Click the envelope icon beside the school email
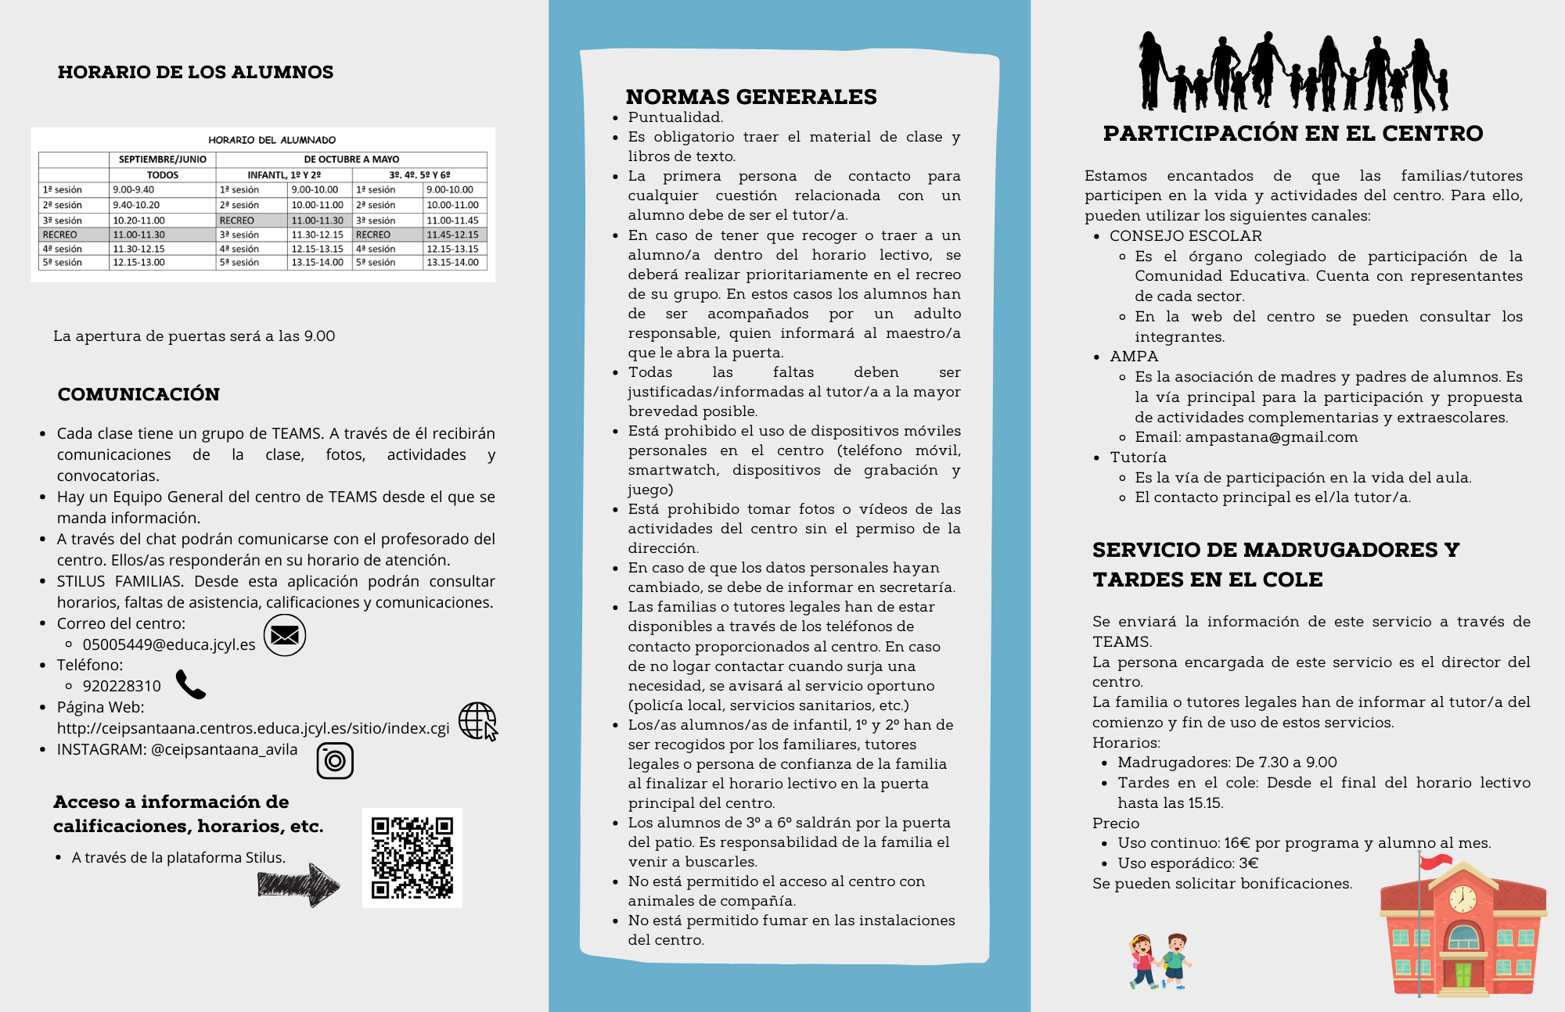(x=284, y=635)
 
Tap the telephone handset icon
(x=190, y=684)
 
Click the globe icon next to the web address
(x=477, y=720)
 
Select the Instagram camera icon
(x=335, y=760)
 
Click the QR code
(x=412, y=858)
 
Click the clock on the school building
(x=1462, y=899)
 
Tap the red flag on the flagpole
(x=1435, y=862)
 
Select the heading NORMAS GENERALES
(x=751, y=97)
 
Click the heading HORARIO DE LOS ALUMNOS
(x=196, y=72)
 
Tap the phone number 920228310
(x=122, y=686)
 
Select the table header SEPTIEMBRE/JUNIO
(x=162, y=159)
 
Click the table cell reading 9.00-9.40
(x=134, y=189)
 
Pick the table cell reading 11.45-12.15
(x=452, y=235)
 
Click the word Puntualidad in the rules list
(x=675, y=117)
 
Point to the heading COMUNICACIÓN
(x=139, y=394)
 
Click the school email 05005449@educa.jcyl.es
(x=169, y=644)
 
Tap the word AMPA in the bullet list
(x=1134, y=357)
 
